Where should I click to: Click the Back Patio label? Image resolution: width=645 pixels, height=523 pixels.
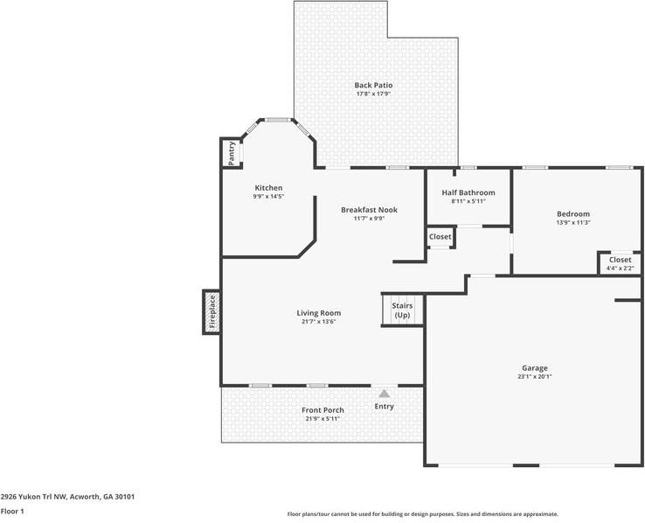coord(373,85)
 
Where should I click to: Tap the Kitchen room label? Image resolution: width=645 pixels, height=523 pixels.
coord(268,188)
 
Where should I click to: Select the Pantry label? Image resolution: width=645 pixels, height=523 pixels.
coord(232,153)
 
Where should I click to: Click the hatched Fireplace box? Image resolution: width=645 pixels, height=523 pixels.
coord(212,312)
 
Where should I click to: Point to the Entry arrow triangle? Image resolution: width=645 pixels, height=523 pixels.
coord(385,394)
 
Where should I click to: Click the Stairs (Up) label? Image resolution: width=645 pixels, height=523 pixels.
coord(402,310)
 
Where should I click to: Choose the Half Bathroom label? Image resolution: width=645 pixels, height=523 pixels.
coord(468,192)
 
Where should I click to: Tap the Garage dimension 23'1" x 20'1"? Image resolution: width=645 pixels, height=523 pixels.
coord(535,376)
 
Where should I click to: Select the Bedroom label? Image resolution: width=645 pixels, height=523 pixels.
coord(573,213)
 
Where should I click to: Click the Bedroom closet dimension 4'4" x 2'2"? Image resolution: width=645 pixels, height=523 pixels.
coord(621,268)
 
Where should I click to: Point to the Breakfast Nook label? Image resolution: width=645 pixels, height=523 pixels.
coord(370,210)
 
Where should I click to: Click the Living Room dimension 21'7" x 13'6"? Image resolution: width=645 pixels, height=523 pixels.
coord(319,321)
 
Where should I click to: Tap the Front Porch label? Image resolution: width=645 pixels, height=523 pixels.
coord(322,410)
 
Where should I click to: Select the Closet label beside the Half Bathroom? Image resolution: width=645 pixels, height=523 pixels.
coord(440,237)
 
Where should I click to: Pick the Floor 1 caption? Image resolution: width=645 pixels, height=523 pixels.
coord(12,512)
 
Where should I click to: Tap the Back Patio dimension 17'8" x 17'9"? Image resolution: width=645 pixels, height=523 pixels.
coord(373,94)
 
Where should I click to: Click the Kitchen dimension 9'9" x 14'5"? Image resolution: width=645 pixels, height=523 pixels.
coord(268,196)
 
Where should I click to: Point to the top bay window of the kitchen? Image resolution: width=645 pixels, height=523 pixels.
coord(277,120)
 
